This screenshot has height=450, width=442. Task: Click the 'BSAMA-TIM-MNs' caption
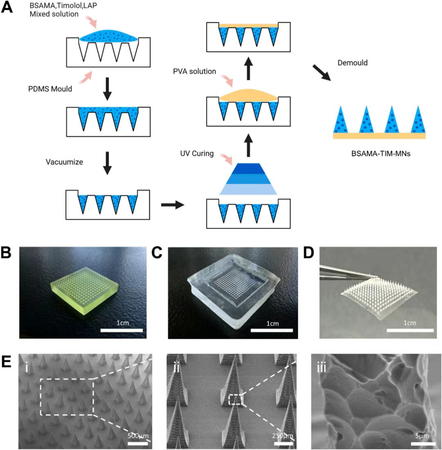tap(379, 155)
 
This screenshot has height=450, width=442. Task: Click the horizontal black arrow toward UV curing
tap(172, 205)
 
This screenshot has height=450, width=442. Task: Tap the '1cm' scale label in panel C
tap(272, 323)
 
